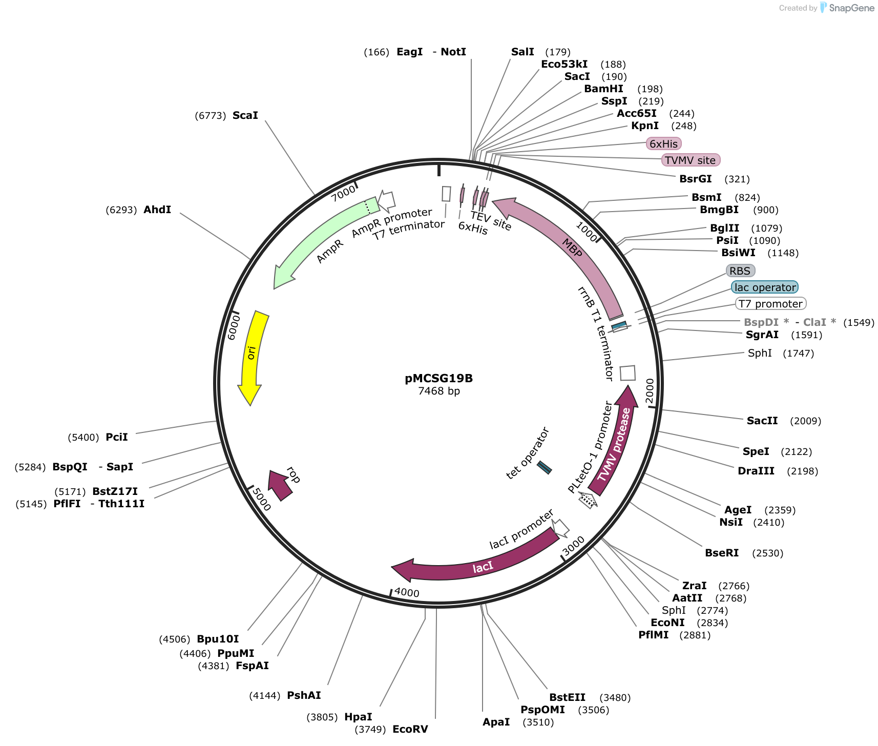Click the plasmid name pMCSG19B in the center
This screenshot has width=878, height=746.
coord(438,379)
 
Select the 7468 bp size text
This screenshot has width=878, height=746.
coord(439,391)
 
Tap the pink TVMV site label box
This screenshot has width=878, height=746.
coord(691,160)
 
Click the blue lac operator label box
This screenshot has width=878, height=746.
coord(765,287)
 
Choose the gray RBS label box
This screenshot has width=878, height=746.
coord(740,271)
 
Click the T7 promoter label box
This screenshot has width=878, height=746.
coord(770,303)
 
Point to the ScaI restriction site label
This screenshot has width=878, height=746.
coord(245,115)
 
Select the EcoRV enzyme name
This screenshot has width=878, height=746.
coord(410,729)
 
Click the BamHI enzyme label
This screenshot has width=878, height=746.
coord(604,89)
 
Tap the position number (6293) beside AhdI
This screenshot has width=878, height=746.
coord(121,210)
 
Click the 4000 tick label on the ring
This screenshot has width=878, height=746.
coord(407,593)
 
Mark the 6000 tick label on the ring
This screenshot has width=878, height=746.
coord(234,327)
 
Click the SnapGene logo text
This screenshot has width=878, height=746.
coord(851,8)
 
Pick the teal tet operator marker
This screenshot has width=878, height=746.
coord(544,468)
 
